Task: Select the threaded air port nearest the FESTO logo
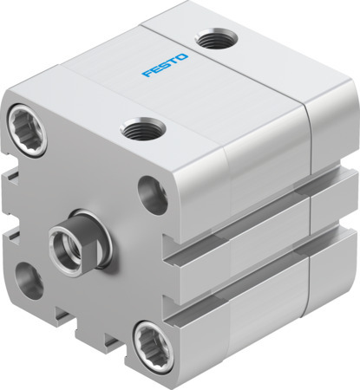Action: point(207,39)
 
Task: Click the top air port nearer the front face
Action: point(135,131)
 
